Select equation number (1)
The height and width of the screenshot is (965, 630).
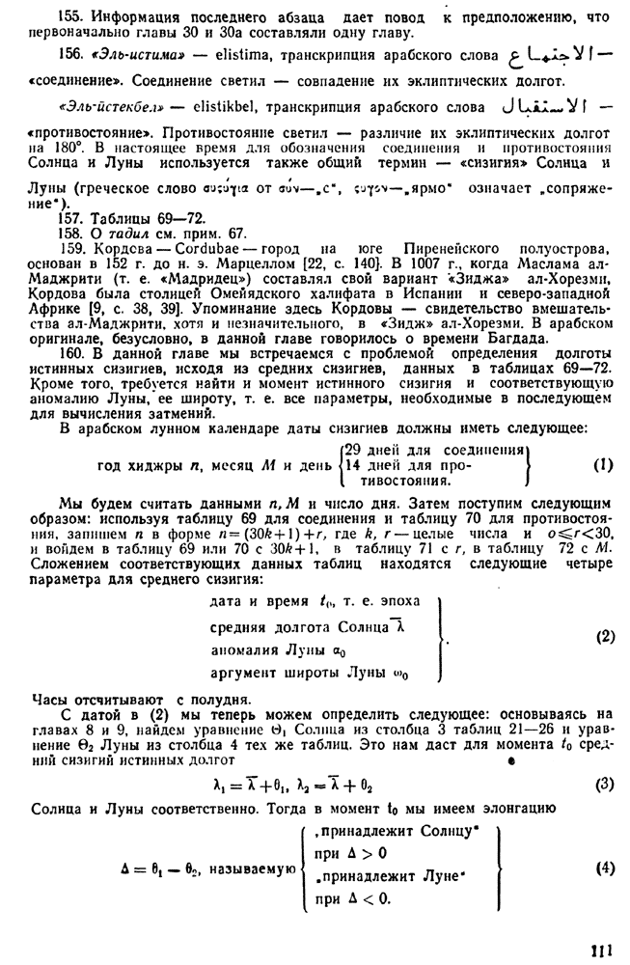point(603,464)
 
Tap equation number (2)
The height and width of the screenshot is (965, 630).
point(605,636)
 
